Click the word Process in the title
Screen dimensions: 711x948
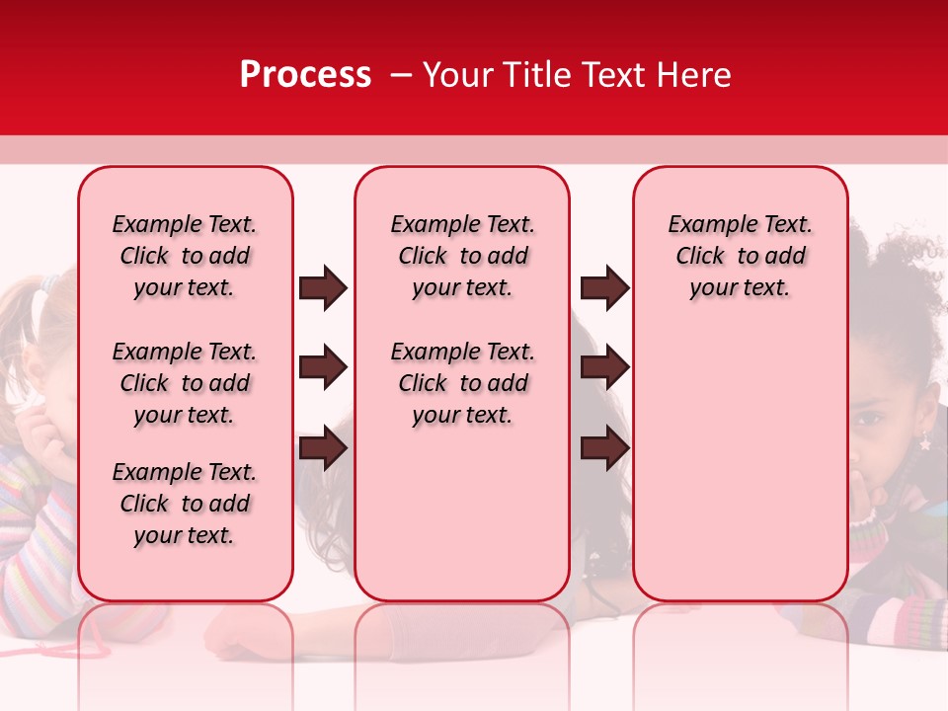(305, 75)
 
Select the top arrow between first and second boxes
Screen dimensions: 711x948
(323, 287)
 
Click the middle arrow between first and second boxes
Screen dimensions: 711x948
(323, 368)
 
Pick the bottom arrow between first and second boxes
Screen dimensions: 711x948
(323, 448)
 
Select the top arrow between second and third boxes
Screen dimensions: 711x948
(604, 287)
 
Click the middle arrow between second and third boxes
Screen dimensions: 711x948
(604, 368)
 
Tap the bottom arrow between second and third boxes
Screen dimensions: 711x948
(604, 448)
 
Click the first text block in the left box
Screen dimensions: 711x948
(185, 257)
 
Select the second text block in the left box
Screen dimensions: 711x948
(185, 383)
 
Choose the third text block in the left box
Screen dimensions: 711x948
(185, 504)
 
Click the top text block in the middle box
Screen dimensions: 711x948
(462, 257)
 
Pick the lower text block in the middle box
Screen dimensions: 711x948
(462, 383)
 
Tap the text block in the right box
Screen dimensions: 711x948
(740, 257)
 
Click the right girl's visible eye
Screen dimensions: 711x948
(870, 419)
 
